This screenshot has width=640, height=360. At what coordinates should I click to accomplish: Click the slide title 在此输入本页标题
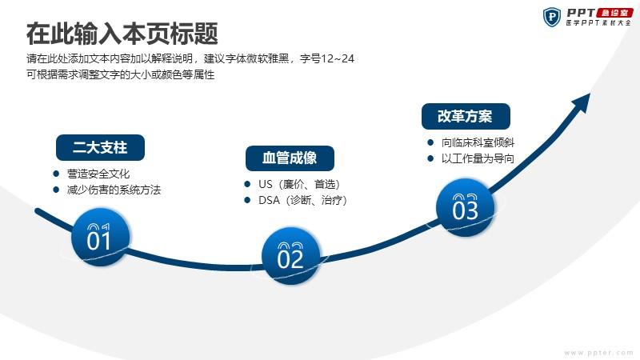pos(122,34)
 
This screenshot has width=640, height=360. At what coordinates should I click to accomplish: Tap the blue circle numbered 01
pos(101,237)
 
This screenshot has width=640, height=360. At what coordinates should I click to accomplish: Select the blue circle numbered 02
pos(291,256)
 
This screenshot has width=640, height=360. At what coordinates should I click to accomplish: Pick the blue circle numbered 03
pos(466,207)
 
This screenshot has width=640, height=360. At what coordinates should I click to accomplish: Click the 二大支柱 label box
pos(100,147)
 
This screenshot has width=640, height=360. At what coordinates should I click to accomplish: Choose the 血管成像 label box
pos(290,158)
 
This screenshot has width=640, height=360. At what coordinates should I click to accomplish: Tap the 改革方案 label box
pos(466,116)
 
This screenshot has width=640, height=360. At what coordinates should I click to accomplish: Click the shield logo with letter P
pos(552,17)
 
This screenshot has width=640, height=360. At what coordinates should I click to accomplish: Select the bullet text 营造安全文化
pos(98,174)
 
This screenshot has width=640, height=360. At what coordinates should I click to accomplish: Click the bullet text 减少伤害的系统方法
pos(114,190)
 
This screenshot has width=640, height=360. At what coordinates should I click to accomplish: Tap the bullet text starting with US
pos(299,184)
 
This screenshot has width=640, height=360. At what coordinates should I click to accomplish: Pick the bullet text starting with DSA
pos(303,201)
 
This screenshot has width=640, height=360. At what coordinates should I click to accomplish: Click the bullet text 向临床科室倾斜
pos(478,142)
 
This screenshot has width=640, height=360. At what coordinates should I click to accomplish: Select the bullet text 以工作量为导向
pos(478,158)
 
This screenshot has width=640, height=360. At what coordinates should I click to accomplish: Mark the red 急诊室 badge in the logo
pos(614,13)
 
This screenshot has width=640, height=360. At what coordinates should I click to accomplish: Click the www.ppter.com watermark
pos(598,353)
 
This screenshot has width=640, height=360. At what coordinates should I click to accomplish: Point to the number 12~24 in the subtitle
pos(338,58)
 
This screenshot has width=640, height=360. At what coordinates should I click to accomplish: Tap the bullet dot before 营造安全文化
pos(56,174)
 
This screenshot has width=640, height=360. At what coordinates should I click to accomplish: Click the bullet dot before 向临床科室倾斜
pos(430,142)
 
